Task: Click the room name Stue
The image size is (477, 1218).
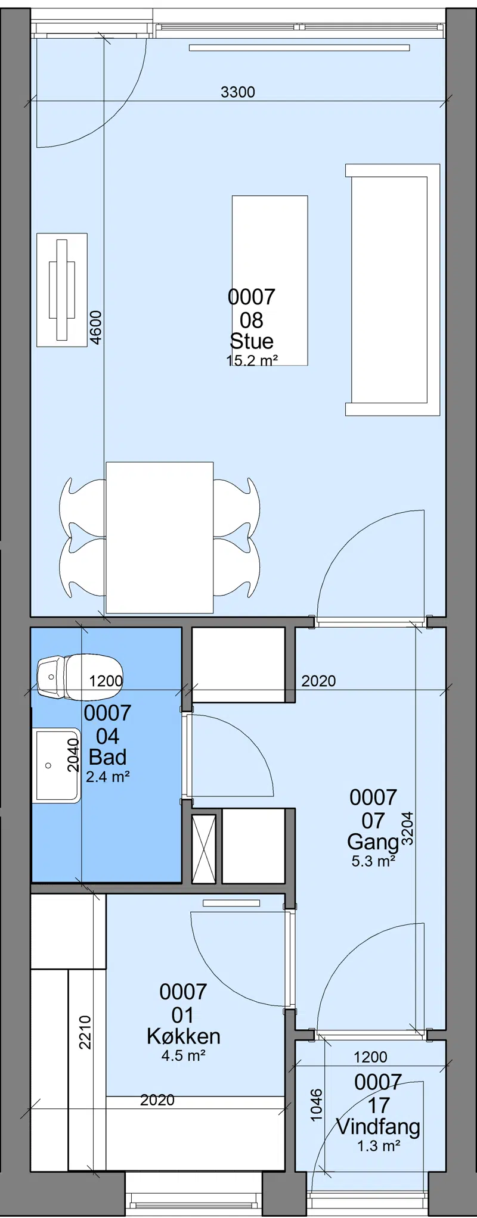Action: pyautogui.click(x=252, y=341)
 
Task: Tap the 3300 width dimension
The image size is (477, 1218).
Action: pyautogui.click(x=238, y=92)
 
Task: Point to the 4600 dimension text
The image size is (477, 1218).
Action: pyautogui.click(x=95, y=327)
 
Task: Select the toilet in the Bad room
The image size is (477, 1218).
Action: pyautogui.click(x=79, y=677)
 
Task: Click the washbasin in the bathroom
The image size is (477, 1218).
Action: pyautogui.click(x=56, y=765)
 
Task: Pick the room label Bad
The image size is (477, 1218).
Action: pyautogui.click(x=107, y=757)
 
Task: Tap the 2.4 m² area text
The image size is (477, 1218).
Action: pyautogui.click(x=108, y=777)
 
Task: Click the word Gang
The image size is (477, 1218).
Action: pyautogui.click(x=373, y=842)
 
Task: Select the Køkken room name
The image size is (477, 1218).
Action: pyautogui.click(x=184, y=1036)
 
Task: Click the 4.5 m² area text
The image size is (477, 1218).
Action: pyautogui.click(x=184, y=1056)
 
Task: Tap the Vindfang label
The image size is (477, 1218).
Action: pyautogui.click(x=378, y=1127)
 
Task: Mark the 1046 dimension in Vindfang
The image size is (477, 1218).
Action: pyautogui.click(x=317, y=1105)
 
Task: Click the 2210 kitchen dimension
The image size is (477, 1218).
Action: pyautogui.click(x=85, y=1032)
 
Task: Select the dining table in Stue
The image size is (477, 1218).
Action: pyautogui.click(x=159, y=537)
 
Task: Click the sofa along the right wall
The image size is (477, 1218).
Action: pyautogui.click(x=392, y=289)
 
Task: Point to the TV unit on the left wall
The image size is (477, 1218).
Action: pyautogui.click(x=62, y=289)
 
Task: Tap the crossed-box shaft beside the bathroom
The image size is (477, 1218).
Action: pyautogui.click(x=204, y=849)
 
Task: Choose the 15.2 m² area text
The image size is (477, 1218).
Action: pyautogui.click(x=252, y=360)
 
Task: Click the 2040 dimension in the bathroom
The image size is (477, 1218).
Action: pyautogui.click(x=73, y=755)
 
